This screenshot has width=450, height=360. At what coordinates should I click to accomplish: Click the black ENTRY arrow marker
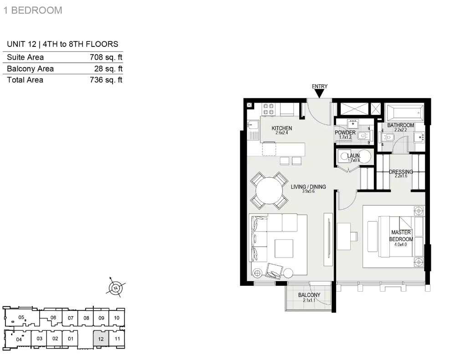319,93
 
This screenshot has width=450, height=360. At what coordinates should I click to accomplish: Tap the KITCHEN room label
282,129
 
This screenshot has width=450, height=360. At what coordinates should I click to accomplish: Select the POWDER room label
345,133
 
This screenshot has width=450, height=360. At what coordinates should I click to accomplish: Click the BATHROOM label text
401,125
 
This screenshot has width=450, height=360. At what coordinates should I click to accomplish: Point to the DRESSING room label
401,172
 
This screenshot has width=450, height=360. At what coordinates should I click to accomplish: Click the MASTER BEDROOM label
401,236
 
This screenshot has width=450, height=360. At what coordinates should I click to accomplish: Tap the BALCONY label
309,295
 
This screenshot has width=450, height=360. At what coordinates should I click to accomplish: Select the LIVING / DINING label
308,186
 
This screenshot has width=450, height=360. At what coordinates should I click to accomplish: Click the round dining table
269,190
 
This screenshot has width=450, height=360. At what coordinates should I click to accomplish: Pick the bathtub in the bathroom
405,113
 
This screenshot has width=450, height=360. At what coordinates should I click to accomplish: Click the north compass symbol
115,288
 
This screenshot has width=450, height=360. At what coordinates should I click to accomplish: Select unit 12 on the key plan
101,339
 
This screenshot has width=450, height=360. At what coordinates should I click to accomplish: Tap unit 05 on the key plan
21,317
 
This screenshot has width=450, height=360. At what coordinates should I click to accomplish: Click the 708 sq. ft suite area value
106,57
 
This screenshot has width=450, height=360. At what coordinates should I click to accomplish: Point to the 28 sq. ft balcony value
108,69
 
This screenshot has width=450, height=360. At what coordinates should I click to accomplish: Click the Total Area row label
25,80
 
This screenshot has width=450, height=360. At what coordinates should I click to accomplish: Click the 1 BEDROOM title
33,10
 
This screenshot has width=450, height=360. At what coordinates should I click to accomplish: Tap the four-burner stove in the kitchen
269,109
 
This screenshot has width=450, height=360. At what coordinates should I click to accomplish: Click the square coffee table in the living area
284,248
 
